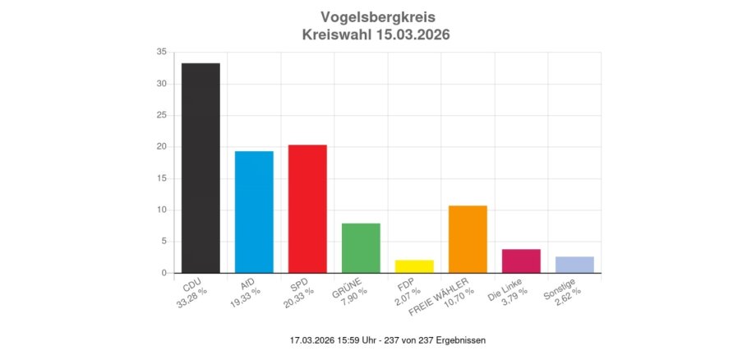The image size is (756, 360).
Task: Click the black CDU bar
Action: pyautogui.click(x=201, y=168)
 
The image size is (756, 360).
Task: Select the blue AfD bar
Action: pyautogui.click(x=254, y=212)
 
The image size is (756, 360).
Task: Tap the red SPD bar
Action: pyautogui.click(x=307, y=209)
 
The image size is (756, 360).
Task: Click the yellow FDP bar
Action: pyautogui.click(x=414, y=266)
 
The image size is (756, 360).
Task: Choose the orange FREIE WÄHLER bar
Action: pyautogui.click(x=468, y=239)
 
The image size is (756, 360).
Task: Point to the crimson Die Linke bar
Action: pyautogui.click(x=521, y=261)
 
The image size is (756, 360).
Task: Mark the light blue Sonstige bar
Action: pyautogui.click(x=574, y=265)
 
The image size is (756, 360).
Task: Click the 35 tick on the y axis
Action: pyautogui.click(x=161, y=52)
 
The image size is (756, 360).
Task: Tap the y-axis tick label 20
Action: pyautogui.click(x=161, y=146)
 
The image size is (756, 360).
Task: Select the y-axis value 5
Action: pyautogui.click(x=164, y=242)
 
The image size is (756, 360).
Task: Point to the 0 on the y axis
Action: pyautogui.click(x=164, y=273)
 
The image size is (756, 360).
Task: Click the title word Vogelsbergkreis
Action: pyautogui.click(x=378, y=17)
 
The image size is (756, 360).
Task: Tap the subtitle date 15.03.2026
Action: pyautogui.click(x=410, y=35)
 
